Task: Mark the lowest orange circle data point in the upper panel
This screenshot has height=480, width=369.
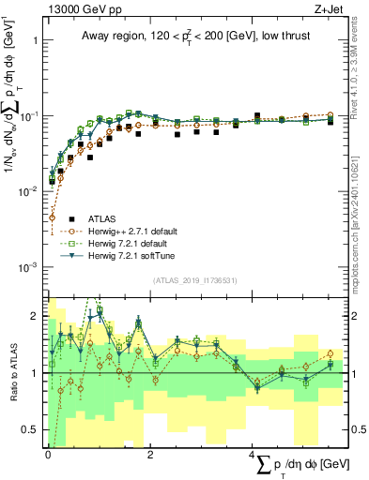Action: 52,217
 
